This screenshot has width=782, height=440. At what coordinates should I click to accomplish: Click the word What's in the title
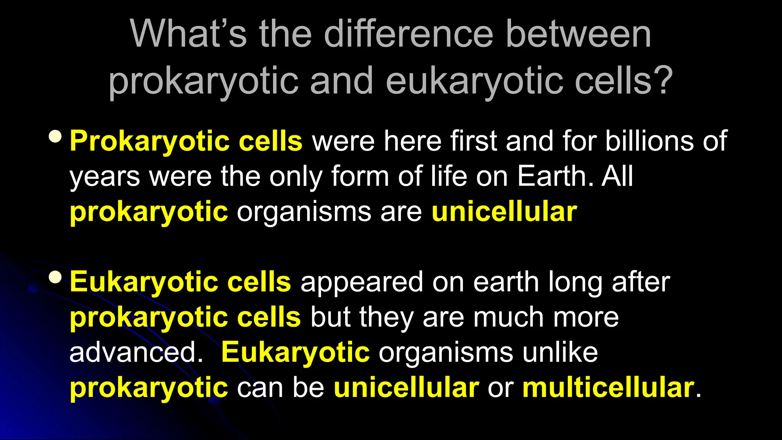pos(188,34)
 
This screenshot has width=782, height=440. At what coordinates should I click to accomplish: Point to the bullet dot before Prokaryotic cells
pos(56,137)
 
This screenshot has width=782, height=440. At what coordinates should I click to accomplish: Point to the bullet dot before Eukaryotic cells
pos(56,278)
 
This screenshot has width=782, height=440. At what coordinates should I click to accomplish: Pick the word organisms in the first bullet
pos(304,212)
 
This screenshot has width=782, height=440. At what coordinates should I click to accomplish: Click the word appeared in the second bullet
pos(361,283)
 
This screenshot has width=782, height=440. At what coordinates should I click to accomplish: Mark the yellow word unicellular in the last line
pos(406,387)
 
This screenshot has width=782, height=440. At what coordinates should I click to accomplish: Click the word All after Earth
pos(617,176)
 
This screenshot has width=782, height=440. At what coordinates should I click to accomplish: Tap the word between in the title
pos(578,34)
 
